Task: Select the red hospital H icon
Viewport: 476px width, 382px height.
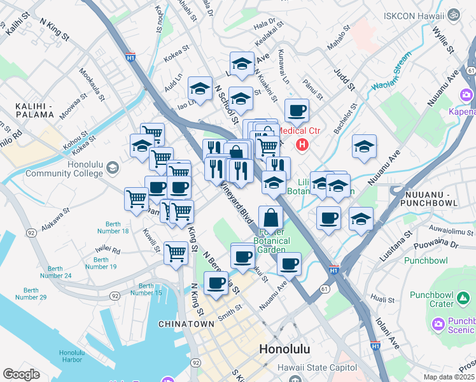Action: (x=302, y=145)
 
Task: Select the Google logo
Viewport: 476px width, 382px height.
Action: (x=21, y=374)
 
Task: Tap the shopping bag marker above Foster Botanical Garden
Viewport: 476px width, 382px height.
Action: (x=271, y=218)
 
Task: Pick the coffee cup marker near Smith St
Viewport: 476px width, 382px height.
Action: (x=216, y=283)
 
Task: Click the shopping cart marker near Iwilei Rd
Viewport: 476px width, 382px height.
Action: (x=176, y=253)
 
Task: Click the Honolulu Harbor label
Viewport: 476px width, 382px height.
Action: (x=68, y=357)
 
